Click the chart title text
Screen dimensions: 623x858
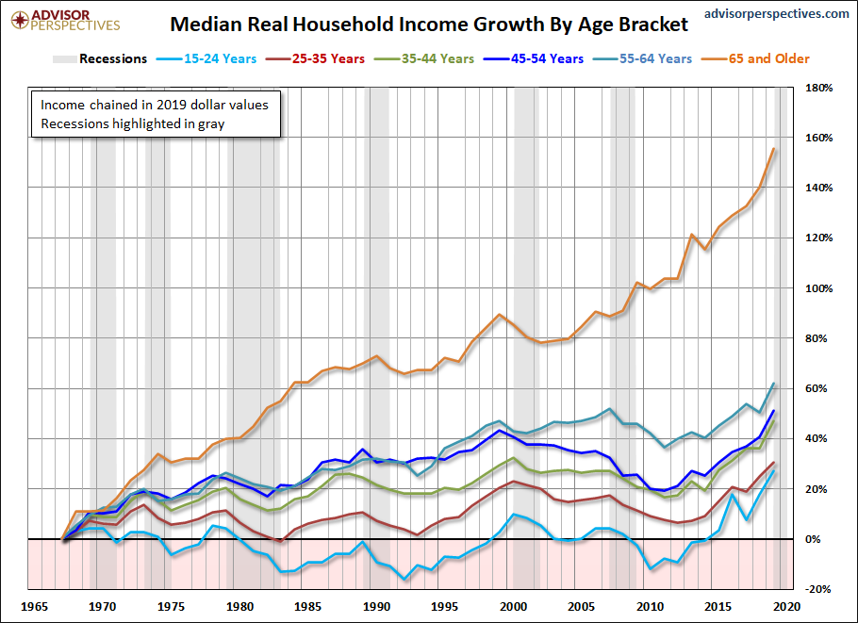pos(430,22)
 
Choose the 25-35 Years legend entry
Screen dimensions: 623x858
pos(329,58)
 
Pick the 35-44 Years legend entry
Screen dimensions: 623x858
pos(437,58)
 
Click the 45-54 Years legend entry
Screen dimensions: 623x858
pos(547,58)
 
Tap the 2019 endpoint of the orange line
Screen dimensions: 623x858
pos(774,149)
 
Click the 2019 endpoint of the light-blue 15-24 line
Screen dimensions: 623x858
pos(774,471)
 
